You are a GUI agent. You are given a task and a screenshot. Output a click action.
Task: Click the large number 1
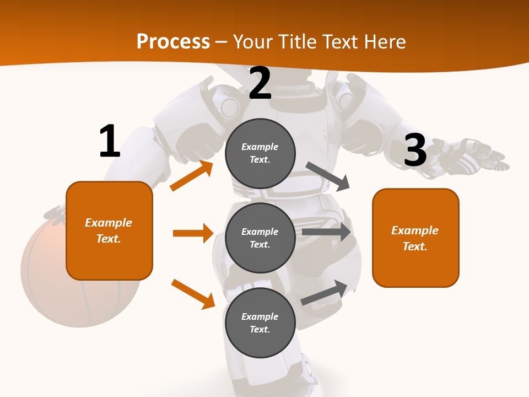110,141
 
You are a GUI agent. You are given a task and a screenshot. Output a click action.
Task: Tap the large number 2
260,83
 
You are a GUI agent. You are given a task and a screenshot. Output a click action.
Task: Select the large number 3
415,150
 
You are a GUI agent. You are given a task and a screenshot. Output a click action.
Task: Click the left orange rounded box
109,230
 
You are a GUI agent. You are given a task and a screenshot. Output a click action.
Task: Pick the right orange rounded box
415,238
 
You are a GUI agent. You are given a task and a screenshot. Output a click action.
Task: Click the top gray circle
260,153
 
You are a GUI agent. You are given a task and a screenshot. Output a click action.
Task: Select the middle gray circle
260,238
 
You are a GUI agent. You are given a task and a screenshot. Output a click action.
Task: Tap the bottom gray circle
260,323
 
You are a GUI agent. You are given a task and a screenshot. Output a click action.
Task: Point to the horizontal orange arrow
193,233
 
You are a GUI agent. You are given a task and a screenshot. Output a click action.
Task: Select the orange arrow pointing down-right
193,293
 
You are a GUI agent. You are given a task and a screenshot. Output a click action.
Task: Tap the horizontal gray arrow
326,232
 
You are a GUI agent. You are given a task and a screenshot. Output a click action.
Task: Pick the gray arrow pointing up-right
325,293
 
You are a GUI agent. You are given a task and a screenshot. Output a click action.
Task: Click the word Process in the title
173,41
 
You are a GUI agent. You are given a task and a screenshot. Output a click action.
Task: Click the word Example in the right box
415,230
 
